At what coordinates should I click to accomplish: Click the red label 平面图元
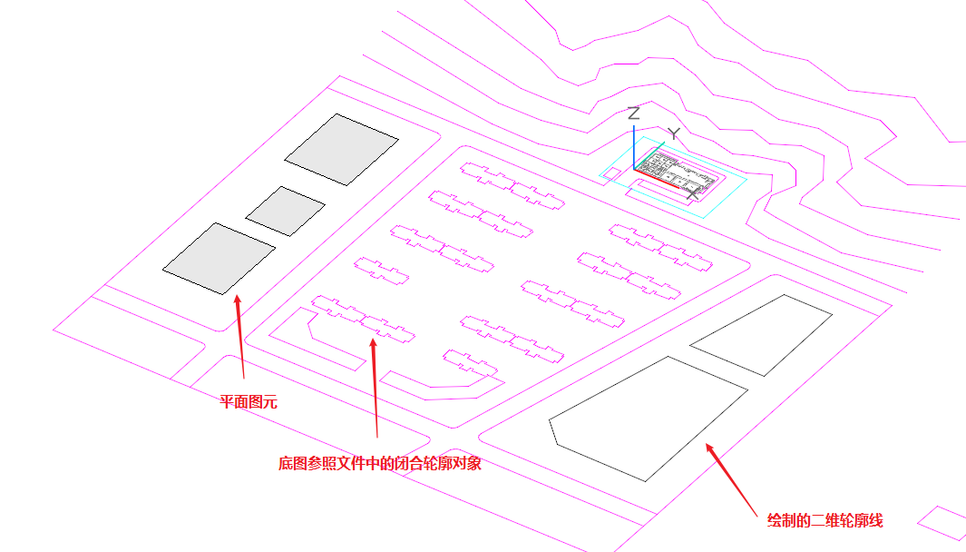[249, 401]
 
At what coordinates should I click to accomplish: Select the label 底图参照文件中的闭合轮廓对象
[379, 464]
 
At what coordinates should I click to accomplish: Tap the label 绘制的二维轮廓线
[825, 520]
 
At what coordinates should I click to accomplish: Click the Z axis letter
[634, 113]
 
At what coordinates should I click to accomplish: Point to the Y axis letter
[673, 134]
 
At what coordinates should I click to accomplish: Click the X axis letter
[695, 192]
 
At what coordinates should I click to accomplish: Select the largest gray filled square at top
[341, 149]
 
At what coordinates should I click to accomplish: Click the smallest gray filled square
[285, 211]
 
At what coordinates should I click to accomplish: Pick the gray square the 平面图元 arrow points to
[219, 258]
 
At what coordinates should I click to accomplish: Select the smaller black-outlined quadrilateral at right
[762, 334]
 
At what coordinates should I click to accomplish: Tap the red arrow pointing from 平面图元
[240, 336]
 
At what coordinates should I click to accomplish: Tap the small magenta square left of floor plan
[612, 172]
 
